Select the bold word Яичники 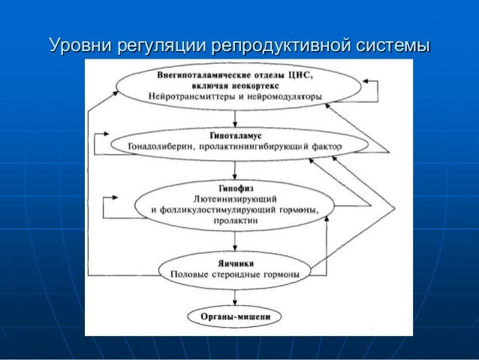click(x=236, y=264)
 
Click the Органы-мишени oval click(x=236, y=316)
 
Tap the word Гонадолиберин click(x=164, y=146)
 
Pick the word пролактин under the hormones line click(x=236, y=222)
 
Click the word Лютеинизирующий click(x=236, y=198)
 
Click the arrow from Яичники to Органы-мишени click(x=236, y=296)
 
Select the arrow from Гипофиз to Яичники click(x=236, y=242)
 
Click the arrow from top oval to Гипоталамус click(x=236, y=118)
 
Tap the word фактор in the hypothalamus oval click(x=327, y=146)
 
